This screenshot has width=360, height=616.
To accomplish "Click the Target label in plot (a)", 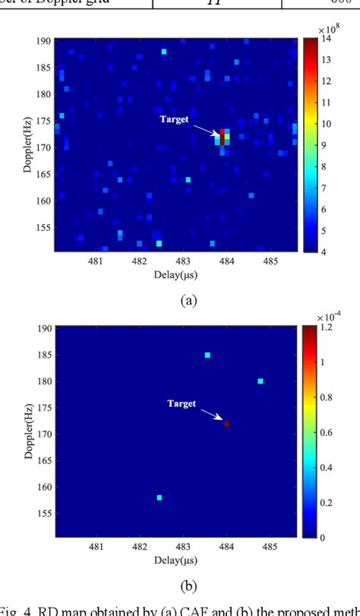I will (174, 119).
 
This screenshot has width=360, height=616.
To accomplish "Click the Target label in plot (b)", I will (182, 403).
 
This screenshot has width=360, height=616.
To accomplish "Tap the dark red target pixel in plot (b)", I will (226, 423).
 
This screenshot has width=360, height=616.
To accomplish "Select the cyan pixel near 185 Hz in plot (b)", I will (207, 355).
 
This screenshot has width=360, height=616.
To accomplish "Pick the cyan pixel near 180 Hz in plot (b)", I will (261, 381).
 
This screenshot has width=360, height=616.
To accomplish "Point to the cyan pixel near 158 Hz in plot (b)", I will (159, 498).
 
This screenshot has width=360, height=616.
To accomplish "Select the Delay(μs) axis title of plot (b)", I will (177, 563).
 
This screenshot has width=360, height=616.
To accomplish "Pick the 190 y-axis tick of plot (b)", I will (44, 328).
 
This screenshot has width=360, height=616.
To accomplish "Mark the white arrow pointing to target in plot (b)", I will (211, 413).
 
